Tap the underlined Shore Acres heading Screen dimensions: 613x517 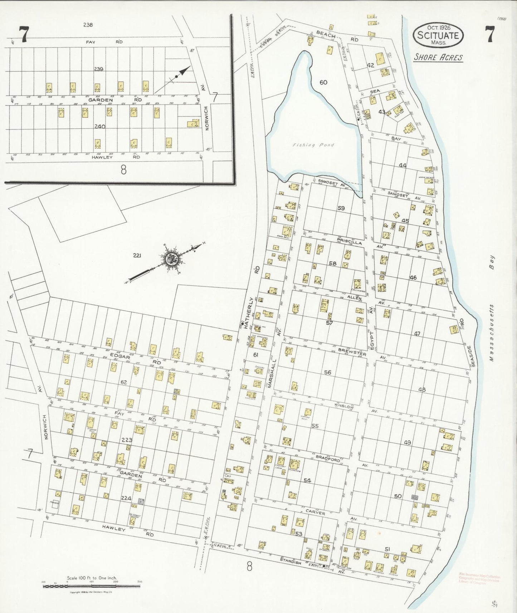click(438, 57)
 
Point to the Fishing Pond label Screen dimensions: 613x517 click(313, 145)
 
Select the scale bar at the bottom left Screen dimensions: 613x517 click(92, 586)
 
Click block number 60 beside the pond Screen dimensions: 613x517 click(323, 82)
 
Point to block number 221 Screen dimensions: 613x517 click(137, 255)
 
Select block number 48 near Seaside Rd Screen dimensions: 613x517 click(422, 390)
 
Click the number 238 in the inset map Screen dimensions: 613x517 click(88, 25)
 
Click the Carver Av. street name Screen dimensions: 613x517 click(315, 513)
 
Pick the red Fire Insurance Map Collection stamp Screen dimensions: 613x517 click(479, 578)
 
